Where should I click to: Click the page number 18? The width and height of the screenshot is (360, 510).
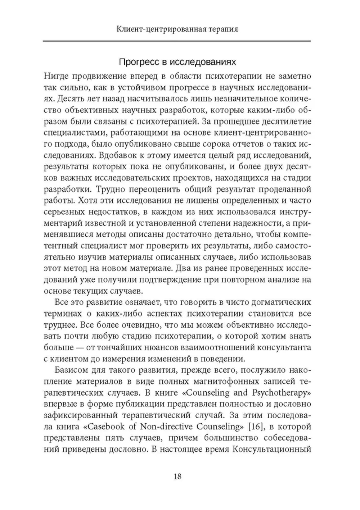pyautogui.click(x=177, y=477)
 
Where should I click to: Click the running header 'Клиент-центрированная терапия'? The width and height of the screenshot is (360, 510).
pyautogui.click(x=177, y=29)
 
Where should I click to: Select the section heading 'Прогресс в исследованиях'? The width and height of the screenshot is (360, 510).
pyautogui.click(x=177, y=62)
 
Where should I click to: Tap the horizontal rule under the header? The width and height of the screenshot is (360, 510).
pyautogui.click(x=177, y=41)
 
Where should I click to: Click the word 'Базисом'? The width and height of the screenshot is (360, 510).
pyautogui.click(x=70, y=370)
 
